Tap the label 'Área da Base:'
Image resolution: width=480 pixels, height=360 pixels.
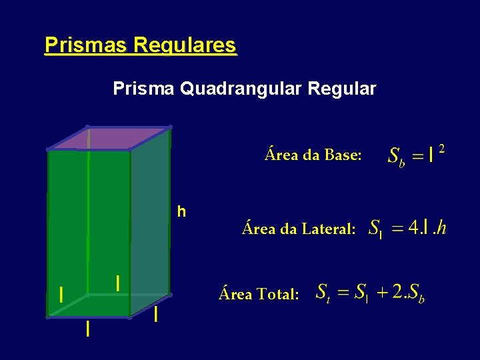[313, 155]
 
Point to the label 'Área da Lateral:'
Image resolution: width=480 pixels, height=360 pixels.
[299, 229]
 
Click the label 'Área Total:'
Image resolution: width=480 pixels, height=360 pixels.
[259, 293]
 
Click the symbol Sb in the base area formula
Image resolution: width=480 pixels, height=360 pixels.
[396, 157]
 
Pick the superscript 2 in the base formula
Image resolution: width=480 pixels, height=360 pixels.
[441, 149]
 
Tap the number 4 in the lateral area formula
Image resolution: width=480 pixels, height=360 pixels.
[414, 227]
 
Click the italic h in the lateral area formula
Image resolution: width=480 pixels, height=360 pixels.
[441, 227]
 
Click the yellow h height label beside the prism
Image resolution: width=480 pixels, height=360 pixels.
[181, 212]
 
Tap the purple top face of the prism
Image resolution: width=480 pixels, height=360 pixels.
[110, 137]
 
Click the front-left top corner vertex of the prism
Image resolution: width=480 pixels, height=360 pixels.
[49, 149]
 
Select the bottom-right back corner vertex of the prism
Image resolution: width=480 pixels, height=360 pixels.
[170, 294]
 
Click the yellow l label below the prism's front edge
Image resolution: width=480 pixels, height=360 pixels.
[87, 329]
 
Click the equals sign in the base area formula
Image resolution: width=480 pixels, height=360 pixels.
[417, 156]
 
